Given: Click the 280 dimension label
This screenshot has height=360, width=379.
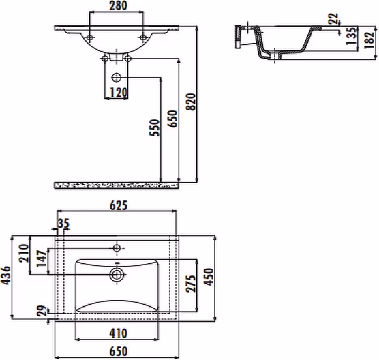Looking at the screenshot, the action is (x=118, y=6).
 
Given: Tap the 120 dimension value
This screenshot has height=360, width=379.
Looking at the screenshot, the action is (x=119, y=93).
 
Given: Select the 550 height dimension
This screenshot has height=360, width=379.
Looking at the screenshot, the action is (x=155, y=127).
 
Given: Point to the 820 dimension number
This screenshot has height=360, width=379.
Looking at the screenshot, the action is (x=191, y=102).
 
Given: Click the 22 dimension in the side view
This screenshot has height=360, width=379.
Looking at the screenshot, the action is (x=333, y=18).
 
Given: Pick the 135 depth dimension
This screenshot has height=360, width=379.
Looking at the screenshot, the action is (x=352, y=36).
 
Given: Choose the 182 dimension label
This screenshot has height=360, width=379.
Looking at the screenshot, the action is (x=369, y=40).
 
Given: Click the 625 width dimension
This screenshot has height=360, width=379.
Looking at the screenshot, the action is (x=119, y=205).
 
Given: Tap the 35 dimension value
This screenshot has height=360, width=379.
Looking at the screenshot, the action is (x=63, y=224).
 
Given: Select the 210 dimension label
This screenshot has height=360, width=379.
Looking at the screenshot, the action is (x=24, y=253).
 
